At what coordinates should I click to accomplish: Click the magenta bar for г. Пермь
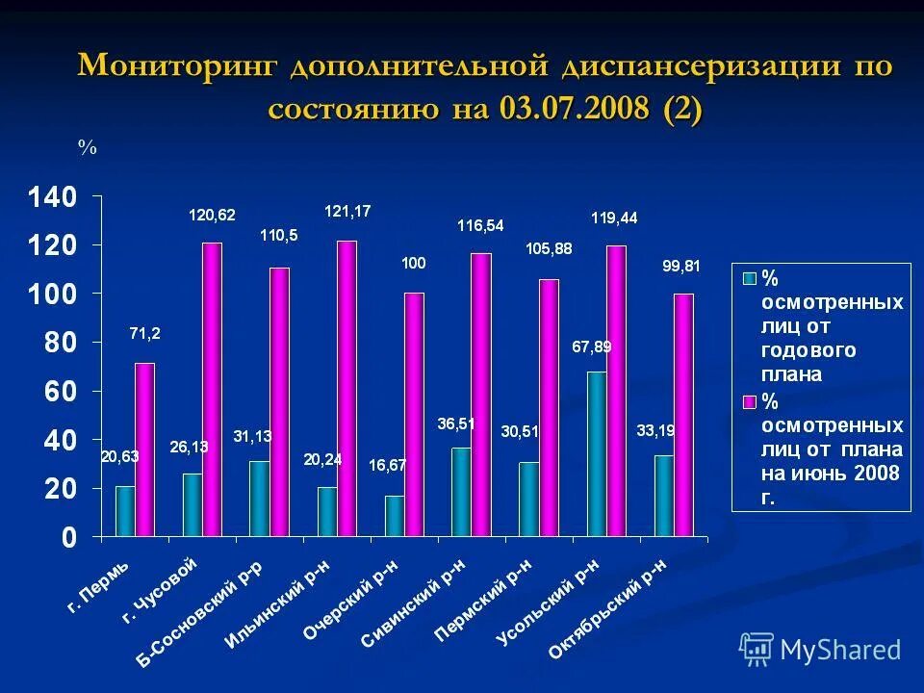pyautogui.click(x=144, y=449)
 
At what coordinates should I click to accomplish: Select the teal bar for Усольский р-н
pyautogui.click(x=597, y=453)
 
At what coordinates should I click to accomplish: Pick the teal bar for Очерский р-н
pyautogui.click(x=395, y=516)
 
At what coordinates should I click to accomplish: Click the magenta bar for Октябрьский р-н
pyautogui.click(x=683, y=414)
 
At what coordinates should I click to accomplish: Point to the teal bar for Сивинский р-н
pyautogui.click(x=462, y=491)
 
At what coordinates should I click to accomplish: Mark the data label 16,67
pyautogui.click(x=388, y=465)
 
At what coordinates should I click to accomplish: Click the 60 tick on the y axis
pyautogui.click(x=60, y=392)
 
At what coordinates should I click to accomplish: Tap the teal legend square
pyautogui.click(x=748, y=279)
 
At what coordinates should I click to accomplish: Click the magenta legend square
pyautogui.click(x=748, y=400)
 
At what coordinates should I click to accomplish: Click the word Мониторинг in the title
pyautogui.click(x=178, y=67)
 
